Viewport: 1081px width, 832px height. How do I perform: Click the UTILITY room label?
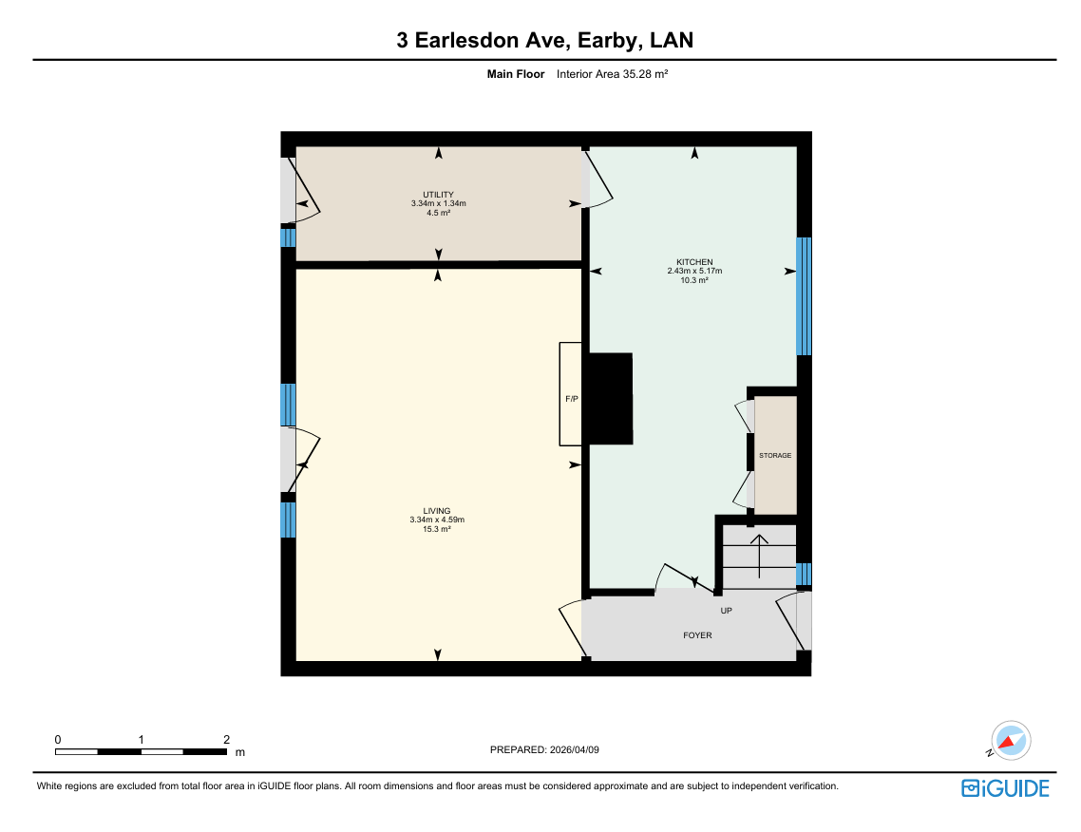439,195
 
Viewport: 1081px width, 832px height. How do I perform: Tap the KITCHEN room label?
694,262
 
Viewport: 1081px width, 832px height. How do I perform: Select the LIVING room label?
437,511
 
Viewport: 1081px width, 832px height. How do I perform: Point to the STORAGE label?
775,456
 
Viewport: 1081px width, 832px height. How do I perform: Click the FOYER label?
697,635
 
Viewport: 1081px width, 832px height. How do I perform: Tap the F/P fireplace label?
572,399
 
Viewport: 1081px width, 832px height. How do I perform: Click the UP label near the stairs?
726,611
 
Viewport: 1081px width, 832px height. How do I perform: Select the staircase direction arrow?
760,556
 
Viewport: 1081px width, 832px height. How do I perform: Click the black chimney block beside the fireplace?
609,398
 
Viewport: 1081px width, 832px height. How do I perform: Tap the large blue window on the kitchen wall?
804,296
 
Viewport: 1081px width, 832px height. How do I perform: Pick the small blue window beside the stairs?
804,575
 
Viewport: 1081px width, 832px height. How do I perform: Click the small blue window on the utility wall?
288,237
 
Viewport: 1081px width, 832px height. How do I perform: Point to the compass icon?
1010,741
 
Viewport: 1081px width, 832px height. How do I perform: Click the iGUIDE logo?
1005,788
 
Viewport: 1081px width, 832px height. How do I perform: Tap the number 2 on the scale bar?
226,740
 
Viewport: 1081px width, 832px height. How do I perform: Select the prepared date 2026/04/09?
575,750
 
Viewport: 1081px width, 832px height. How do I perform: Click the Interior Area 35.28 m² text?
612,74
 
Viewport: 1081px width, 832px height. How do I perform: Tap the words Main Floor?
516,74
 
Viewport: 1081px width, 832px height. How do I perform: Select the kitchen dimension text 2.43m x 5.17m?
694,271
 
